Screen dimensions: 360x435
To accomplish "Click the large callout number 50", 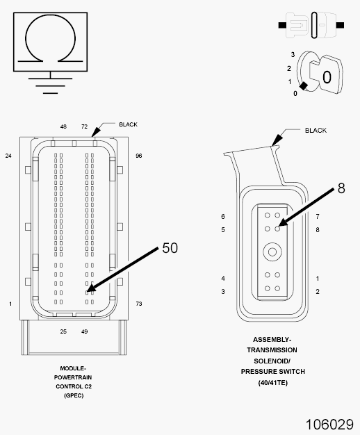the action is tap(170, 248).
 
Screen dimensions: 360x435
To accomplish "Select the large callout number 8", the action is tap(341, 188).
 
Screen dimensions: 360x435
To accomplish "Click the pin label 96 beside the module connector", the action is tap(139, 156).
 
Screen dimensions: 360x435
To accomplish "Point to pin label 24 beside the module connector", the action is tap(8, 156).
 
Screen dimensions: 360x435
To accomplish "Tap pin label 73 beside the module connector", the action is tap(139, 304).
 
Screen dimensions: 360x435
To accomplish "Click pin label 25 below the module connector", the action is tap(63, 331).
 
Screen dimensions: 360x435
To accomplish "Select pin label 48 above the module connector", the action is tap(63, 126).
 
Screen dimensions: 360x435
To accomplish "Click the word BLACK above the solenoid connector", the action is tap(316, 131).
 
